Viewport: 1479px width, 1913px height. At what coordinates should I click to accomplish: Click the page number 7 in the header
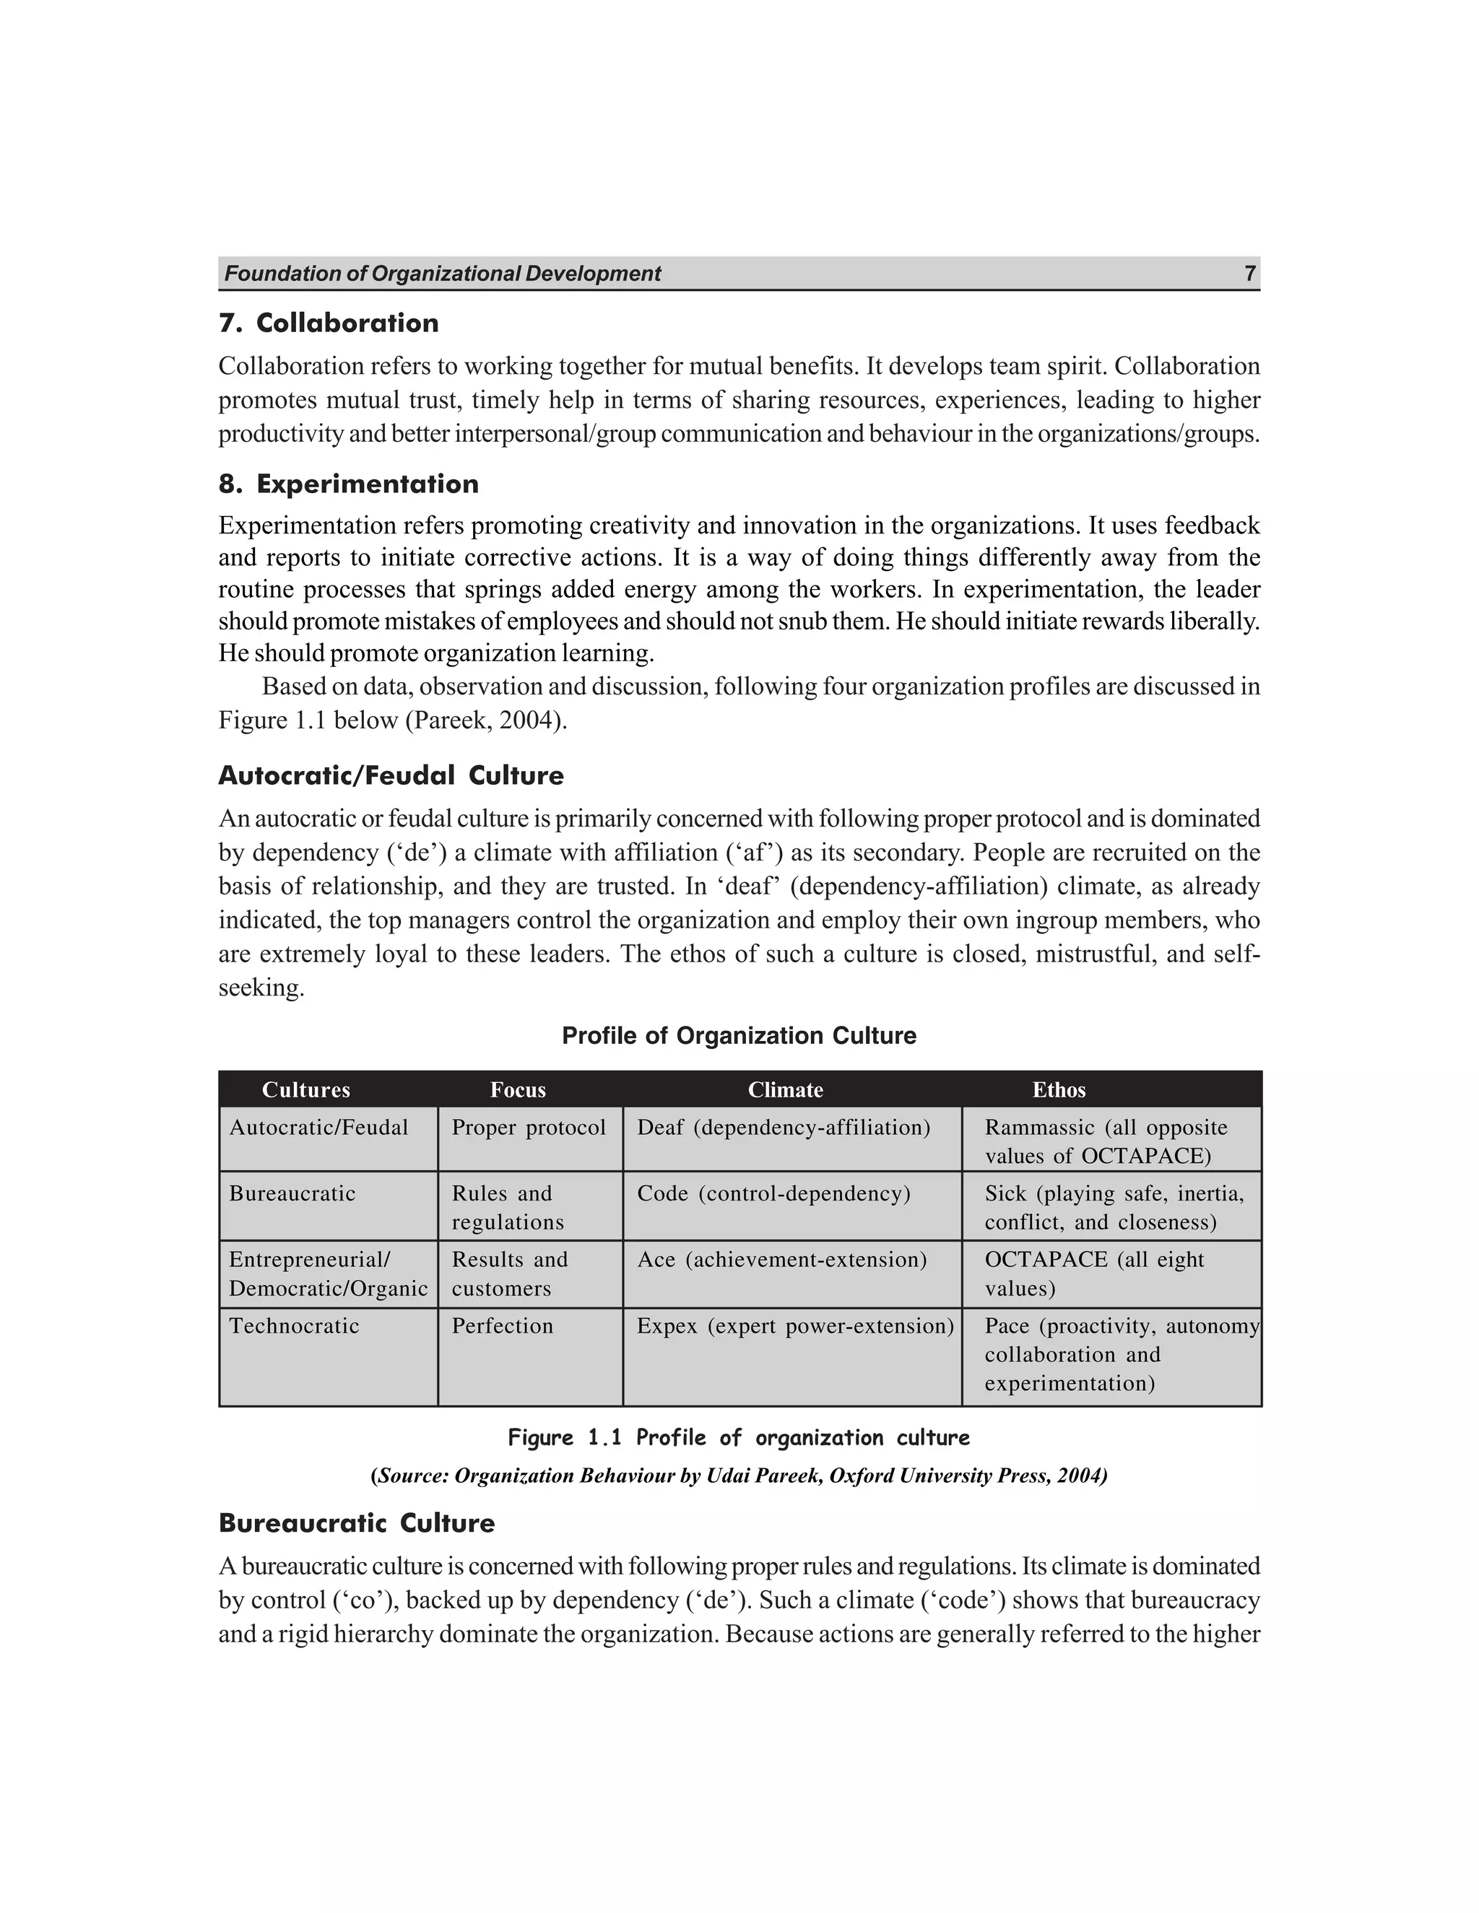pos(1249,274)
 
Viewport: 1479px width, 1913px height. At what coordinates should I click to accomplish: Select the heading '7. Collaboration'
pos(329,323)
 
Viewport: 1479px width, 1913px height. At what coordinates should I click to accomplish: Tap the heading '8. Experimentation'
pos(349,484)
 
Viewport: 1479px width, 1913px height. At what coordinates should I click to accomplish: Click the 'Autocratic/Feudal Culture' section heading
pos(391,776)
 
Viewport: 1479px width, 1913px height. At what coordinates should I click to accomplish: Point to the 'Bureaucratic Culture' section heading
pos(357,1523)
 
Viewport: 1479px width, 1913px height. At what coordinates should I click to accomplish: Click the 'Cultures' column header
pos(305,1089)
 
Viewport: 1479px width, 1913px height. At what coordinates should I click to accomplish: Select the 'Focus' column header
pos(518,1089)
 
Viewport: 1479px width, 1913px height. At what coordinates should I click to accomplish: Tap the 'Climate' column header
pos(785,1089)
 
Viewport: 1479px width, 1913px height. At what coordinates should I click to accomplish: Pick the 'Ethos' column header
pos(1059,1089)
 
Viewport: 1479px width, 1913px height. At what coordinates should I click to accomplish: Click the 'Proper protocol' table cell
pos(529,1128)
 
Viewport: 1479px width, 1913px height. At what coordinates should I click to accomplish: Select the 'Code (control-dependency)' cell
pos(773,1194)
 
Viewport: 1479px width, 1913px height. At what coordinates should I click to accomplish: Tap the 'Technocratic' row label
pos(295,1326)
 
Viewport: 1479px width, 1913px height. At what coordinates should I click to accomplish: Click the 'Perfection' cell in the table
pos(502,1326)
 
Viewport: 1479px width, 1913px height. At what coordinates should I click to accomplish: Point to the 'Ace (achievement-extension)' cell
pos(781,1260)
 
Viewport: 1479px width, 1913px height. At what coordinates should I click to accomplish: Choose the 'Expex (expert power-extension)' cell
pos(794,1326)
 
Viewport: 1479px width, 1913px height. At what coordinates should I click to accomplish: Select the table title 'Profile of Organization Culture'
pos(739,1036)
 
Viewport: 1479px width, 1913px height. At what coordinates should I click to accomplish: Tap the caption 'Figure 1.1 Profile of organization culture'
pos(739,1438)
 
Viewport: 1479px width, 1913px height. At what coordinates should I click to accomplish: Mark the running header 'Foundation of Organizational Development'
pos(443,274)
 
